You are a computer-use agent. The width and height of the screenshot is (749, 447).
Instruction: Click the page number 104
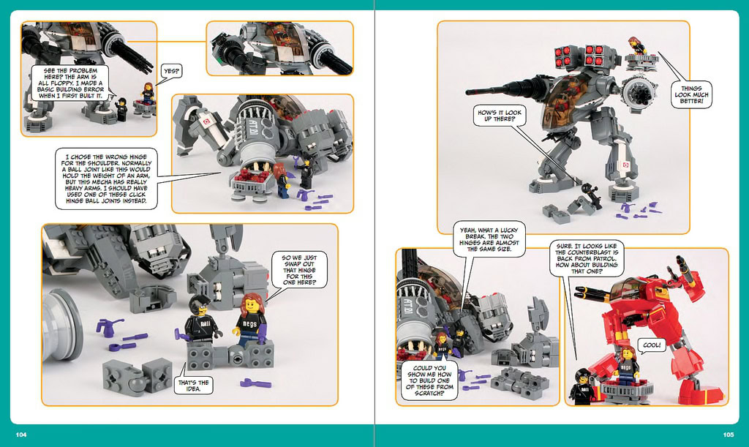click(21, 435)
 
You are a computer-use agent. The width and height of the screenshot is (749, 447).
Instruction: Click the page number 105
click(728, 435)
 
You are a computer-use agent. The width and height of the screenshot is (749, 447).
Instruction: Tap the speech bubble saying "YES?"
click(171, 72)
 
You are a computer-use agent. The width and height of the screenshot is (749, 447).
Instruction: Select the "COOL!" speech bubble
click(652, 345)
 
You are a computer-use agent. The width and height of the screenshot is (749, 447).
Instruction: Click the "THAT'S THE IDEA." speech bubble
click(193, 386)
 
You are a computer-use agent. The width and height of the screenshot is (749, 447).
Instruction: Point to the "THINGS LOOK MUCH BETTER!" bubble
click(691, 94)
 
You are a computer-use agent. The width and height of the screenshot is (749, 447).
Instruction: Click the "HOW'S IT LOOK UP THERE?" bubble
click(500, 116)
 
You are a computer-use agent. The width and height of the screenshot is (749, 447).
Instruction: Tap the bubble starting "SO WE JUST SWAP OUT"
click(298, 270)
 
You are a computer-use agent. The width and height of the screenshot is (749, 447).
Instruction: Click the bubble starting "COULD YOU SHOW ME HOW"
click(429, 380)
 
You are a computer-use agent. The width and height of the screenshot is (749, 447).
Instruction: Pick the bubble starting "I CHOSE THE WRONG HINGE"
click(106, 179)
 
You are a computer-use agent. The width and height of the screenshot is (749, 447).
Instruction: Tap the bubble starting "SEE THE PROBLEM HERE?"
click(70, 83)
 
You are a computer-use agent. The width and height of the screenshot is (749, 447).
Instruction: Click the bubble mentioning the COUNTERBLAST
click(587, 258)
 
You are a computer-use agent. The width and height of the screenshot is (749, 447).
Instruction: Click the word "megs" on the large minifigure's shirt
click(249, 323)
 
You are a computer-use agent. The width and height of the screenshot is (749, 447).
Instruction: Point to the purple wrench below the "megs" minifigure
click(255, 383)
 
